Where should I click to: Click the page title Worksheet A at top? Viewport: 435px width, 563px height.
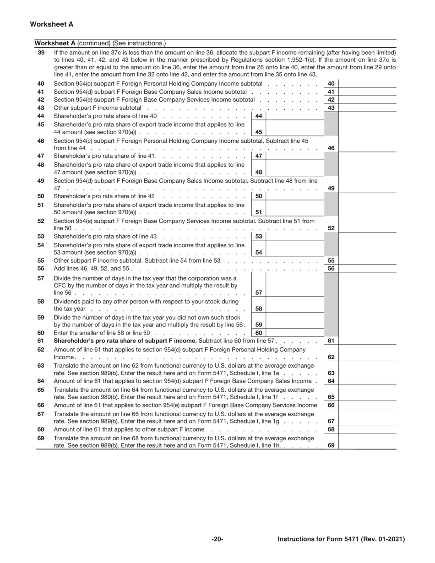point(51,24)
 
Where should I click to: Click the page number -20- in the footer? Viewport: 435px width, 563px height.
point(217,539)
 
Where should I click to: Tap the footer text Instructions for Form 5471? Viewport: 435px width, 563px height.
point(341,539)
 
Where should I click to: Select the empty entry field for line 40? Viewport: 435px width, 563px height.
point(367,84)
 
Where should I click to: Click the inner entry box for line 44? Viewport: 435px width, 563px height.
point(294,116)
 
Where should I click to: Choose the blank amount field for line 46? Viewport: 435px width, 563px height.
point(367,148)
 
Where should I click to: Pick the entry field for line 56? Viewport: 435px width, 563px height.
point(367,269)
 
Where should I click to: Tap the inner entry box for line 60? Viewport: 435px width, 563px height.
point(294,333)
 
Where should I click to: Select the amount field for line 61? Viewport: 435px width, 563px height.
point(367,341)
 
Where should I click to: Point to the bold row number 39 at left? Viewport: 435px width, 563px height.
point(41,53)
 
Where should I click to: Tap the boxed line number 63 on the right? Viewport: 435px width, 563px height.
point(331,373)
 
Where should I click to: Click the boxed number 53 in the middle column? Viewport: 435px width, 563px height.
point(259,236)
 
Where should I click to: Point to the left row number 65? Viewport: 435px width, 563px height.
point(41,390)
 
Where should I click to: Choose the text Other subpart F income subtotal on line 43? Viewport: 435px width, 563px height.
point(98,108)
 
